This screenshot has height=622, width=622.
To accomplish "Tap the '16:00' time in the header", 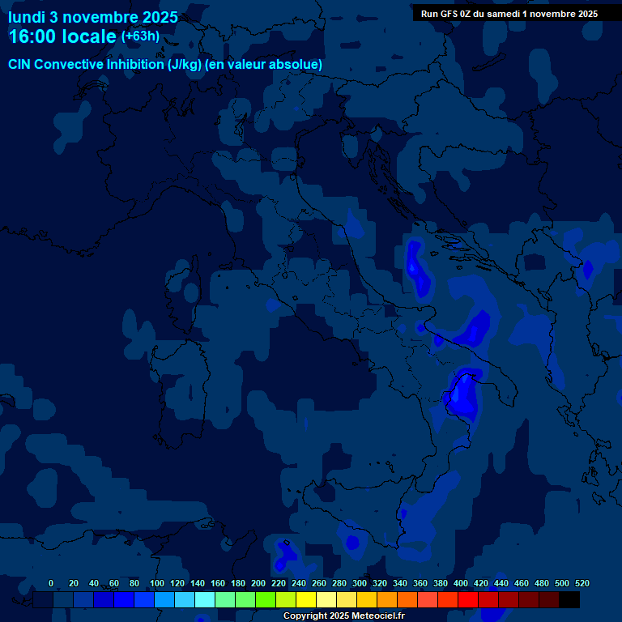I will pos(35,36).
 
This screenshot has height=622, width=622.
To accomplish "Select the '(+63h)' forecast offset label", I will pos(140,36).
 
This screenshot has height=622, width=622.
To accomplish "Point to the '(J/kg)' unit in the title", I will pos(185,64).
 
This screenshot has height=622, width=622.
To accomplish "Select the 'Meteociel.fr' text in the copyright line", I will pos(373,616).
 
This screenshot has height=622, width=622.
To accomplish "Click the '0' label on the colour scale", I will pos(51,584).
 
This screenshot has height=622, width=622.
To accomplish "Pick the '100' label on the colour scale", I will pos(157,584).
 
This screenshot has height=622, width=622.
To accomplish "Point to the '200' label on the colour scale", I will pos(258,584).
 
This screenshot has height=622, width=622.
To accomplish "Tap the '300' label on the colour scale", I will pos(360,584).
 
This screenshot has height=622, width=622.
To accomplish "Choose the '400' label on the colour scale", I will pos(461,584).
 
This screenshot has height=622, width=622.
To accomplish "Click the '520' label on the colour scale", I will pos(582,584).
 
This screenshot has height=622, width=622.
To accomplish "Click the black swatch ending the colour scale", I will pos(569,599).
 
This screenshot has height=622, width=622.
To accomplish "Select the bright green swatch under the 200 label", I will pos(266,599).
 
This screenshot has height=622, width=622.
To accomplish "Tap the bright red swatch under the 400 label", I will pos(468,599).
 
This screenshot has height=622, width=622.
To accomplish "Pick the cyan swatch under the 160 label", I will pos(205,599).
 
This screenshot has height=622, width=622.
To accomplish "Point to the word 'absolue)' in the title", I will pos(297,64).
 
